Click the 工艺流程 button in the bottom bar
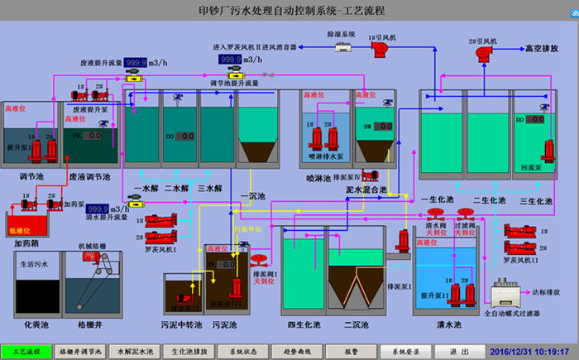coord(27,352)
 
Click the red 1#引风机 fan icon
coord(380,49)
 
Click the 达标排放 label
coord(545,293)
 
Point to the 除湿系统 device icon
coord(342,46)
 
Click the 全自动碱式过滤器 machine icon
coord(504,294)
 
